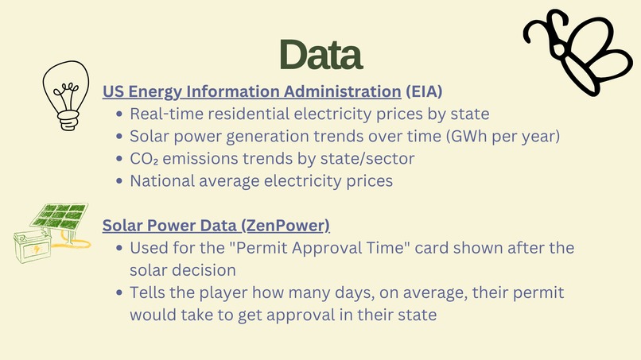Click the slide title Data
(320, 54)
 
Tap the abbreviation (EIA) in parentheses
(424, 91)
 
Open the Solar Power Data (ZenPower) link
(216, 225)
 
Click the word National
(163, 180)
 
